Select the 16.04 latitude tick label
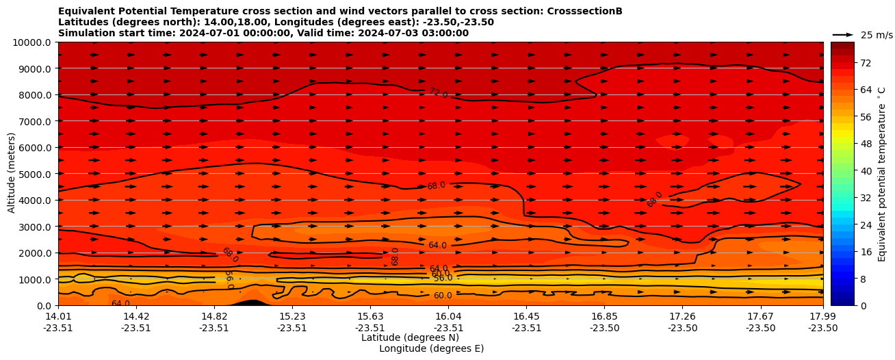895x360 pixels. tap(448, 316)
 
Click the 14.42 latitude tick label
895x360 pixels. tap(136, 316)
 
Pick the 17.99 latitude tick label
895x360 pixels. tap(822, 316)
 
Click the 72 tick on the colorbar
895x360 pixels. tap(846, 63)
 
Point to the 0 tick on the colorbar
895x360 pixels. tap(844, 305)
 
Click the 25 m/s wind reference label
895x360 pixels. tap(877, 35)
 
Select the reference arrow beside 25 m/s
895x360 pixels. tap(843, 35)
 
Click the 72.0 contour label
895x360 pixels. tap(438, 93)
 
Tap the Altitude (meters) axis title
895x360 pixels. tap(12, 173)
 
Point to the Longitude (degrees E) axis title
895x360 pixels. tap(431, 348)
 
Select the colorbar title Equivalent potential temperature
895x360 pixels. tap(882, 174)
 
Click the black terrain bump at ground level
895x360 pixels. tap(252, 302)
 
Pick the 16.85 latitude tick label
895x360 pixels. tap(604, 316)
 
